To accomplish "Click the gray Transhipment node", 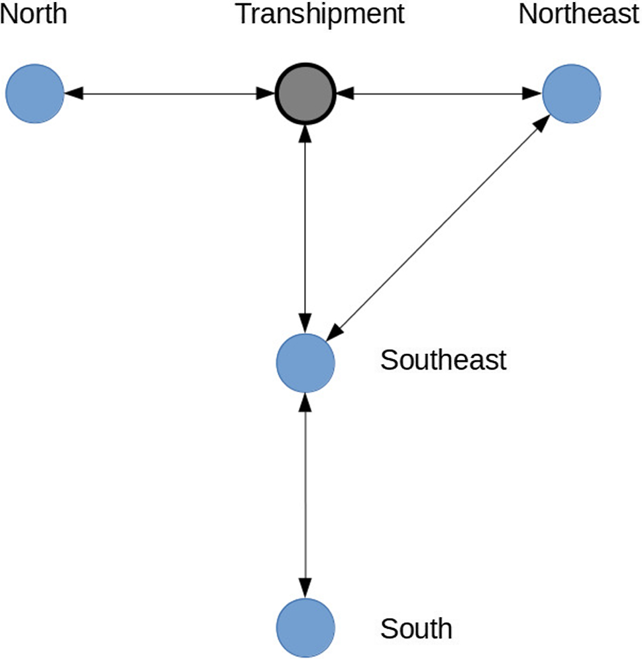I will click(x=305, y=94).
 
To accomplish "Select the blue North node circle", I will click(x=34, y=94).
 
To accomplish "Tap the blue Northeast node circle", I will click(x=571, y=94).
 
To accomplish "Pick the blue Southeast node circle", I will click(x=305, y=362).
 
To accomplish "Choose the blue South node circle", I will click(x=305, y=627).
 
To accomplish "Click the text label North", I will click(x=34, y=14).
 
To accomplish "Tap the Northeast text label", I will click(x=579, y=14).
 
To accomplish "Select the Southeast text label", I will click(x=443, y=360).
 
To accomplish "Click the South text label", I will click(x=416, y=627).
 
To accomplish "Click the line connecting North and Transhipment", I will click(x=169, y=94).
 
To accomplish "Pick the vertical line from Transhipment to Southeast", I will click(x=305, y=225).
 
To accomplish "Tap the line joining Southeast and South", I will click(x=305, y=493).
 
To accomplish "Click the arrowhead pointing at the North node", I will click(x=74, y=94).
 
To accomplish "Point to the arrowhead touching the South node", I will click(x=305, y=588).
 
